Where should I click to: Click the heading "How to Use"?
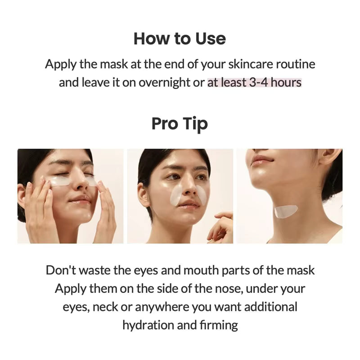point(180,39)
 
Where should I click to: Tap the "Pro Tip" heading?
point(180,123)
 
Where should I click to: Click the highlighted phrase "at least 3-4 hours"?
point(254,83)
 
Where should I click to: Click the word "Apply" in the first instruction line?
point(60,64)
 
